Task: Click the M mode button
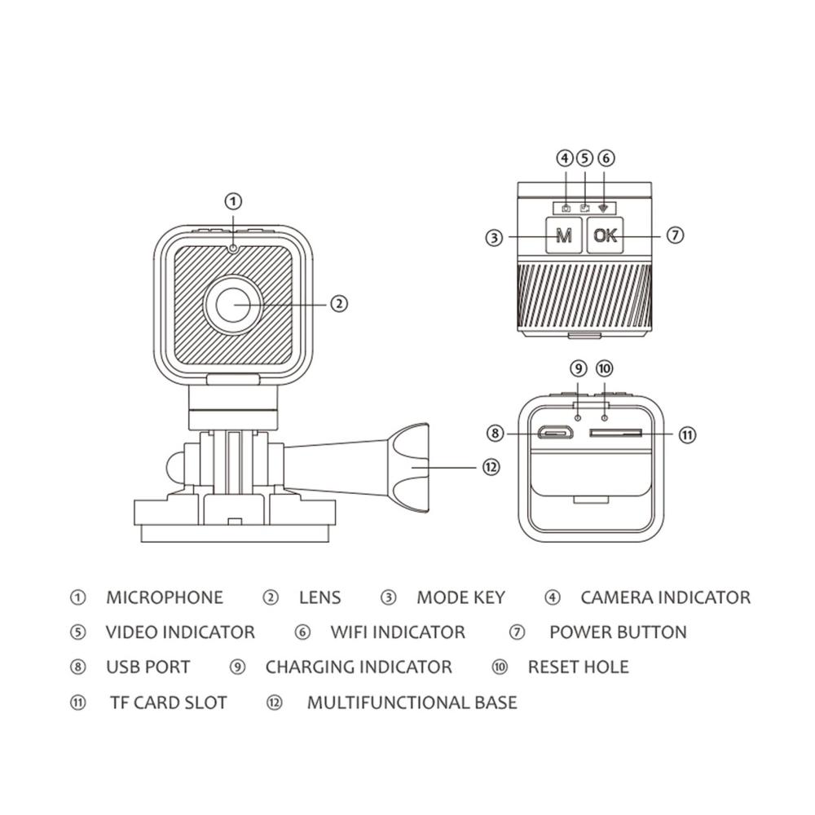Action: (562, 236)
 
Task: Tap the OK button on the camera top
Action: (606, 236)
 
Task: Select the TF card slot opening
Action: (616, 434)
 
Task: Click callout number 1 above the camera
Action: (234, 200)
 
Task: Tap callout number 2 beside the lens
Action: (340, 303)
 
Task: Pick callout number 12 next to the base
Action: (490, 467)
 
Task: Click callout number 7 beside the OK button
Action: (674, 236)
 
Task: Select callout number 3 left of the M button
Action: (493, 238)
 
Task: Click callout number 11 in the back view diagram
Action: (688, 434)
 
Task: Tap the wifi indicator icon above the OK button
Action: (604, 208)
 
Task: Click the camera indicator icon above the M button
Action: (566, 209)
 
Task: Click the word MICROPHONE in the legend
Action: (164, 597)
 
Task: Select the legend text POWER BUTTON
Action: (618, 632)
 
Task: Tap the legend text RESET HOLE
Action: (578, 667)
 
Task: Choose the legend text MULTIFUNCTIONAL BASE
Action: (412, 703)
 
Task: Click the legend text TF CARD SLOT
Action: (168, 703)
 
